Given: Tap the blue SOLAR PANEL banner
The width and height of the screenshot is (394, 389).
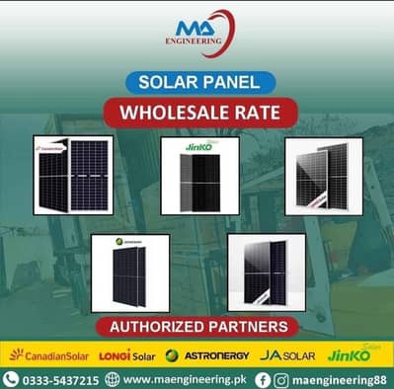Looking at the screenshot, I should click(197, 82).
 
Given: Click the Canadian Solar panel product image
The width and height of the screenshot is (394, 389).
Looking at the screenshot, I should click(72, 174).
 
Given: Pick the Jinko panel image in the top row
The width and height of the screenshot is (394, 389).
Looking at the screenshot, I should click(199, 175).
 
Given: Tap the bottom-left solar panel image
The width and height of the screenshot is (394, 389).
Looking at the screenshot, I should click(129, 272).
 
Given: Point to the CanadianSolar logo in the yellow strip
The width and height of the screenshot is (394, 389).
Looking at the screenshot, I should click(46, 354).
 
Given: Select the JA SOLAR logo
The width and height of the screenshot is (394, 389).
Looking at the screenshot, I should click(286, 354).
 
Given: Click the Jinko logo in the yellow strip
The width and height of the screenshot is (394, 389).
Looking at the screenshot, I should click(353, 353).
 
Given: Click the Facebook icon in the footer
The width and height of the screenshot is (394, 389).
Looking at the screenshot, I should click(263, 379).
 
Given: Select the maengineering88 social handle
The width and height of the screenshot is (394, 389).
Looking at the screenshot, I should click(338, 379).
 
